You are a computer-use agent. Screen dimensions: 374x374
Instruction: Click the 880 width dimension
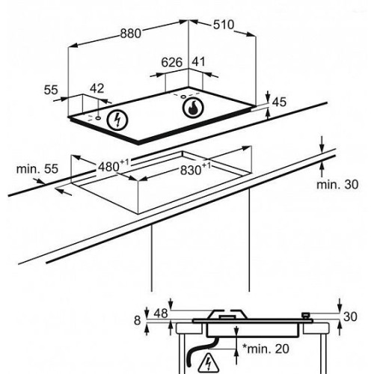pos(131,34)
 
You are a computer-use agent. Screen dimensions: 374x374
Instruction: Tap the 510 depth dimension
pos(224,25)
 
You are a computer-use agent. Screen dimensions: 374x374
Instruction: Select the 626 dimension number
pos(172,62)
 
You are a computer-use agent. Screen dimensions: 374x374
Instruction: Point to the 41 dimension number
pos(198,62)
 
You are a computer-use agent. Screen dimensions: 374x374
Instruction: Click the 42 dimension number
pos(96,88)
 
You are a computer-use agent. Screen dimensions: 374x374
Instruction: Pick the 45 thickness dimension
pos(279,102)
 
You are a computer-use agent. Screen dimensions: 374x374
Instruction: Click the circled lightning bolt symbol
pos(117,120)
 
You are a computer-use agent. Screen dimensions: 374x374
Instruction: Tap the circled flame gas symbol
pos(193,108)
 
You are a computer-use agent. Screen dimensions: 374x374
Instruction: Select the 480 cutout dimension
pos(114,166)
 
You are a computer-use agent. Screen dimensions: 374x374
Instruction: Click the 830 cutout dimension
pos(195,170)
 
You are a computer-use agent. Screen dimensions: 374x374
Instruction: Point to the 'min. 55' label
pos(37,169)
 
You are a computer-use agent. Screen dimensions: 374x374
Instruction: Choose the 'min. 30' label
pos(337,185)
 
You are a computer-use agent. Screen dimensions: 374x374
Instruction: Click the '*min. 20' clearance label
pos(266,349)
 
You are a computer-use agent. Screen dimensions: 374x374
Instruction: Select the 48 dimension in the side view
pos(161,313)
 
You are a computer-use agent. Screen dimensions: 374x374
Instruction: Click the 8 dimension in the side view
pos(138,320)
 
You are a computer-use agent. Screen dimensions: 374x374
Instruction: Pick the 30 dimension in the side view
pos(350,316)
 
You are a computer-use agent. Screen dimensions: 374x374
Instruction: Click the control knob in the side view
pos(306,316)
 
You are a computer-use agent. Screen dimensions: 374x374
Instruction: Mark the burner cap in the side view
pos(227,317)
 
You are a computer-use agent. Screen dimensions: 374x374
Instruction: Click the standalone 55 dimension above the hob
pos(51,90)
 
